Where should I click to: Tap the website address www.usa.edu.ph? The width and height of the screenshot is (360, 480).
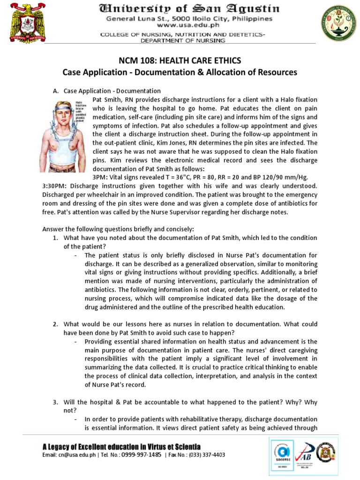188,27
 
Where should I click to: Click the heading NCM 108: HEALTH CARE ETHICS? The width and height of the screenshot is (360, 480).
180,61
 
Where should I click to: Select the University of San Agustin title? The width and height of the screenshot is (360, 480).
189,9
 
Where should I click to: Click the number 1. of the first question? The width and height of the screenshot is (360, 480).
55,238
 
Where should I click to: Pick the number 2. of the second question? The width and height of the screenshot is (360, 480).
55,324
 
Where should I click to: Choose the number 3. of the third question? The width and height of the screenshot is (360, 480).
55,402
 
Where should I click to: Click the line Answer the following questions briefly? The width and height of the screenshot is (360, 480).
118,229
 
